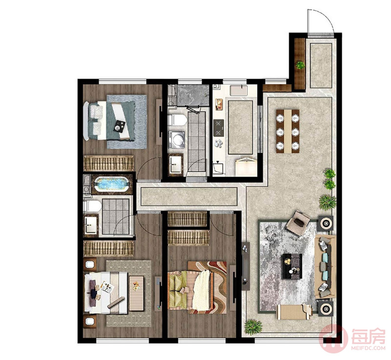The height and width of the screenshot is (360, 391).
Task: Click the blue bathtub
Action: [x=112, y=184]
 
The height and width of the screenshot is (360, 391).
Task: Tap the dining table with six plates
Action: [x=287, y=131]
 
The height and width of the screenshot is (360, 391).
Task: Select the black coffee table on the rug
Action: [x=292, y=266]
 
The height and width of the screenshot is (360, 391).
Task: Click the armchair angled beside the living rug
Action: [x=298, y=222]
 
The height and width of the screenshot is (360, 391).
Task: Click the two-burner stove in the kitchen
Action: [x=218, y=128]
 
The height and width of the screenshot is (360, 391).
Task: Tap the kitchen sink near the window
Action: [x=239, y=90]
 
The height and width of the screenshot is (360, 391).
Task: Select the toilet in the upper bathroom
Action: [x=177, y=120]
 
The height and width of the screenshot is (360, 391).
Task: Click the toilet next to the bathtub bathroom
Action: [x=92, y=206]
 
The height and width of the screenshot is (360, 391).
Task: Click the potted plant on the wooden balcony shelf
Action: [x=300, y=66]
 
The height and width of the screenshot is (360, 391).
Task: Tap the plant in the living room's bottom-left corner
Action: [x=253, y=327]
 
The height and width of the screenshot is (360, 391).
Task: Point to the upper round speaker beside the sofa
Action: [x=326, y=223]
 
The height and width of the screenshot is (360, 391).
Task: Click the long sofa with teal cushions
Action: [x=325, y=267]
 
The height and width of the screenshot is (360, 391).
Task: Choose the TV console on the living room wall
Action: [x=246, y=266]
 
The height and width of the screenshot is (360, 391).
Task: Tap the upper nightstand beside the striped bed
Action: [x=90, y=264]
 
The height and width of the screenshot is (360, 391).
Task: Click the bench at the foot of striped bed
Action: [x=136, y=293]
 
